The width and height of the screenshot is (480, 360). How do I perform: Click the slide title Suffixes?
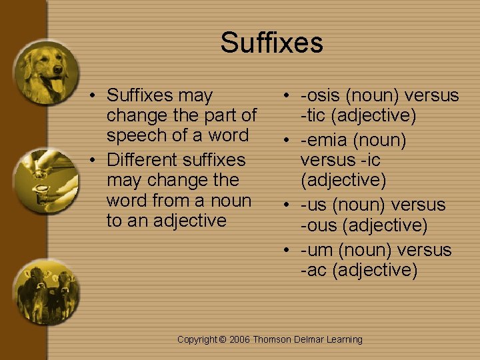(x=271, y=43)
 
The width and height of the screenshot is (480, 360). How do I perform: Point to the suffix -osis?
(x=324, y=95)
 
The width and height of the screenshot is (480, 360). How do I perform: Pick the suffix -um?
(x=317, y=250)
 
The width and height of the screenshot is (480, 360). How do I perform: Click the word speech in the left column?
(x=138, y=135)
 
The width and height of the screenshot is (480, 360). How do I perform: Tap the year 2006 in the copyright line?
(x=239, y=340)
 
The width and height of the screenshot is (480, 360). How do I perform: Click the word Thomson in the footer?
(x=272, y=340)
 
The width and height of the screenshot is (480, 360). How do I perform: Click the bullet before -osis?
(x=285, y=96)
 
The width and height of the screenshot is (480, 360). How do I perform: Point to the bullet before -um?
(x=285, y=251)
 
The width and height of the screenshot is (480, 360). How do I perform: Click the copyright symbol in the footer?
(x=223, y=340)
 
